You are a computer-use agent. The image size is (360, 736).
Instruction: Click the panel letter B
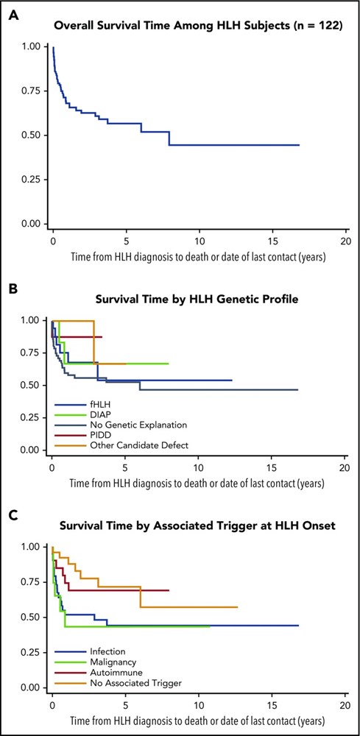coord(13,287)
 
